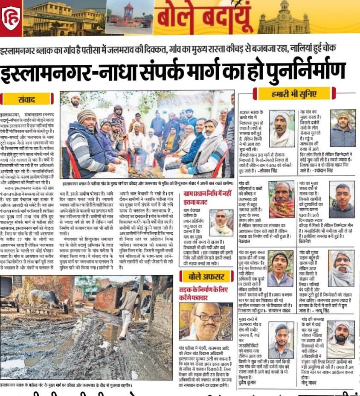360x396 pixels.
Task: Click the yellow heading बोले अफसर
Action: [x=206, y=277]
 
